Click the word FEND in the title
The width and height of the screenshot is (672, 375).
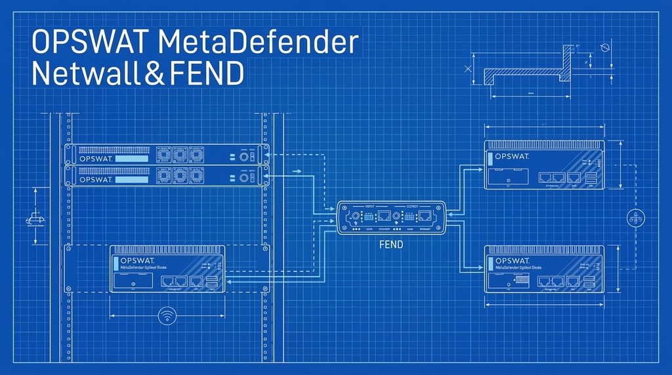pos(206,73)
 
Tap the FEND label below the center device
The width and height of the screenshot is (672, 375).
pos(390,244)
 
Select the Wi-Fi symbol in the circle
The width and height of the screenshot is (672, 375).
pos(167,317)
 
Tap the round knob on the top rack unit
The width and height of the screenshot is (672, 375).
pos(243,157)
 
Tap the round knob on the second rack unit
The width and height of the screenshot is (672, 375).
pos(243,178)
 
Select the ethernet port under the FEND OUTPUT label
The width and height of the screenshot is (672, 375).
pos(425,216)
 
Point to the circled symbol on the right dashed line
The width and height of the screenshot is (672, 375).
pos(633,218)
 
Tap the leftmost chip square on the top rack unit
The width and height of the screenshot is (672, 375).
pos(164,155)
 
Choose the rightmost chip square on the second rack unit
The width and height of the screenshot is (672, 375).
pos(196,176)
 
